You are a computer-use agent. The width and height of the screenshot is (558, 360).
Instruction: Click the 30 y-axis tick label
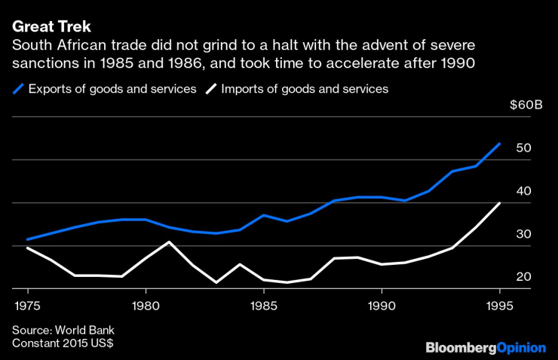524,234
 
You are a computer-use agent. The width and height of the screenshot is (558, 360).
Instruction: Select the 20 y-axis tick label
524,277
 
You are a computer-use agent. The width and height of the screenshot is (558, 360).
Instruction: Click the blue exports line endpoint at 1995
500,143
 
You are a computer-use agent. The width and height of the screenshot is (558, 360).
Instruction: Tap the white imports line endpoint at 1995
500,203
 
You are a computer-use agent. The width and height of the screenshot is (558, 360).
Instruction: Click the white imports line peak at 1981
170,242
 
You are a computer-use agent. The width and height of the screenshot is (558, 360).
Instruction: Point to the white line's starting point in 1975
27,248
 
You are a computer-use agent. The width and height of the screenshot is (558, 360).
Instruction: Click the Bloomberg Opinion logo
486,348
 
